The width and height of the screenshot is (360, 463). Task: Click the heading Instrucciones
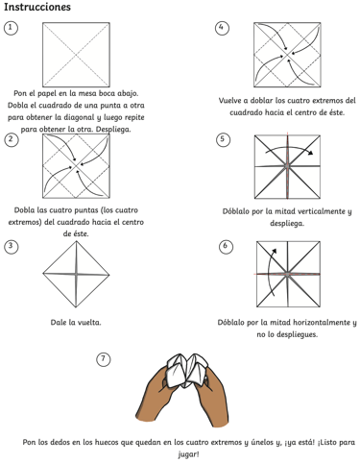point(37,7)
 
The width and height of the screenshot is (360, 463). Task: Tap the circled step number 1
point(11,28)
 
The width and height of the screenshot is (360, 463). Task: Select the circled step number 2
point(12,139)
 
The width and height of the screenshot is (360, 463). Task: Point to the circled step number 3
point(12,246)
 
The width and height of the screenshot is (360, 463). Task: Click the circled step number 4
point(222,28)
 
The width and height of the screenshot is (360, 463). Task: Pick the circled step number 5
point(223,139)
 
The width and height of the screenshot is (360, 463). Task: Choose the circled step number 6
point(226,246)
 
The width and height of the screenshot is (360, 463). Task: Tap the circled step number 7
point(104,359)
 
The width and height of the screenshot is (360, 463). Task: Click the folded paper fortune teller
point(187,371)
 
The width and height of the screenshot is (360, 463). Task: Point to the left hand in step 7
point(156,395)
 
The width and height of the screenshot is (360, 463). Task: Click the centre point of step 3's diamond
point(76,275)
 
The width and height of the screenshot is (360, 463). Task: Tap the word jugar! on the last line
point(188,454)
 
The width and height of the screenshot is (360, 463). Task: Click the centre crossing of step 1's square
point(76,55)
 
